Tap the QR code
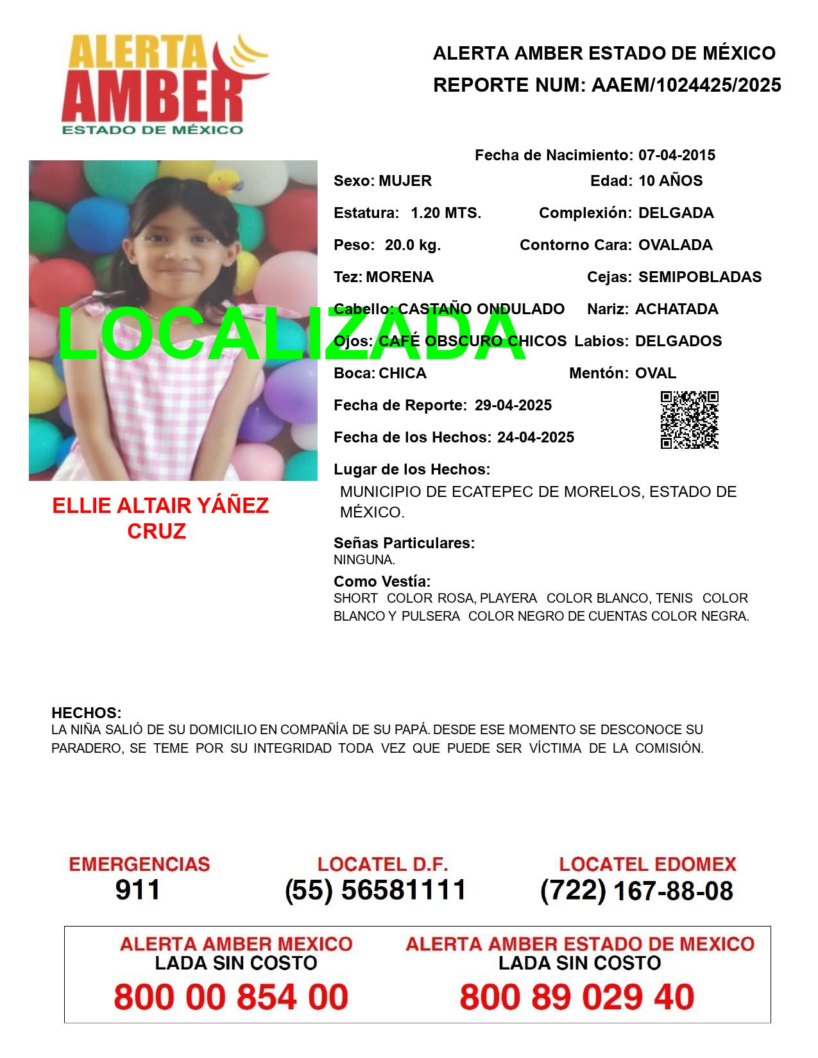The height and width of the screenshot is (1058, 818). [x=689, y=420]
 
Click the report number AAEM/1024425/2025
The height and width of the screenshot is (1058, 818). [x=686, y=85]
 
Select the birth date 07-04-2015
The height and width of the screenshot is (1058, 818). [x=676, y=155]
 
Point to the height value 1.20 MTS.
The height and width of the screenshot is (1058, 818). [x=446, y=213]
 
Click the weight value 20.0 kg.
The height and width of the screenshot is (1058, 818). [x=413, y=245]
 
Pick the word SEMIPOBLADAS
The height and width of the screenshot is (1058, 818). [x=699, y=277]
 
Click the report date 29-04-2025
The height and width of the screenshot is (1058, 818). [x=513, y=405]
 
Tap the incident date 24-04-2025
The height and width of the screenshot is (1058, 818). [x=535, y=437]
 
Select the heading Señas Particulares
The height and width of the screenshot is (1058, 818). [x=404, y=543]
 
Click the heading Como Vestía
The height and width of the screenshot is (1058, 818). [x=382, y=582]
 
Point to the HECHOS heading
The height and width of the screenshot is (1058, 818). [x=86, y=713]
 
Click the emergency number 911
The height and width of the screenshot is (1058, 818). [x=138, y=890]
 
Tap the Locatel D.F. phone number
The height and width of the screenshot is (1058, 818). [x=375, y=890]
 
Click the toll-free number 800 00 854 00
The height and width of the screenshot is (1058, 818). [x=231, y=997]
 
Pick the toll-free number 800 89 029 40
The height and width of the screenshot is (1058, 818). [x=576, y=997]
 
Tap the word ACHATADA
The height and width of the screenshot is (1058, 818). [x=676, y=309]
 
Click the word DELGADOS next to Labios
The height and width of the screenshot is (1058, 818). [x=678, y=341]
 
